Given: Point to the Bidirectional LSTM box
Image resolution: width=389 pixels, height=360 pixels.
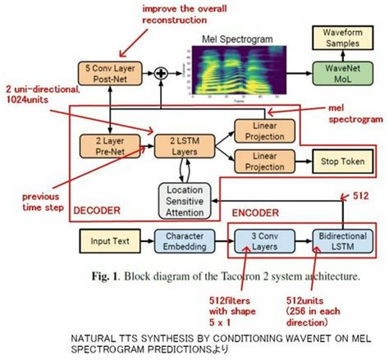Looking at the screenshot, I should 338,242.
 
